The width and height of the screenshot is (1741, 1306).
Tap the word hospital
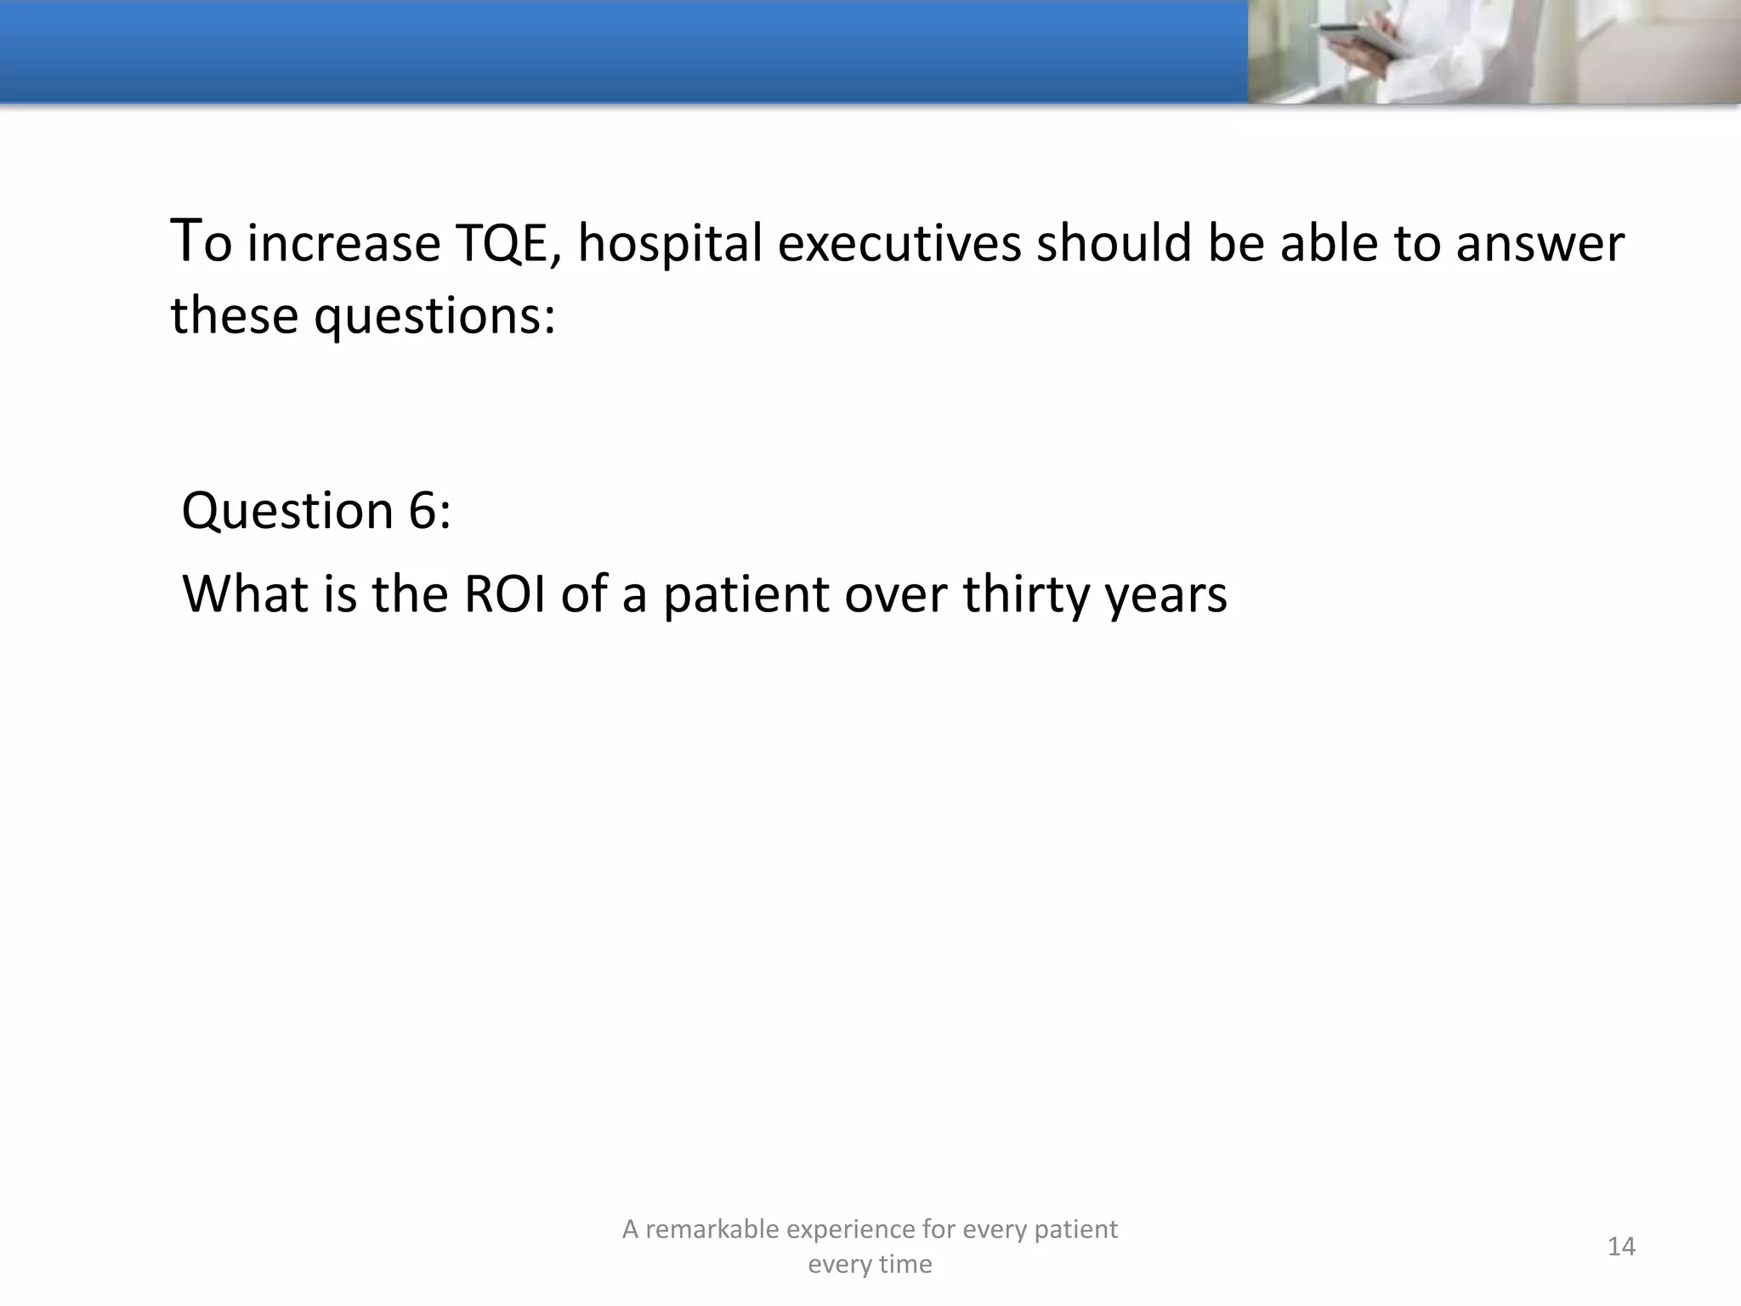pyautogui.click(x=671, y=244)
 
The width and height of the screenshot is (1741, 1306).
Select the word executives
pyautogui.click(x=899, y=244)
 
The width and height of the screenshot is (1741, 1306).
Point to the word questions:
pyautogui.click(x=435, y=317)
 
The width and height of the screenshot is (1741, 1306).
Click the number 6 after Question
pyautogui.click(x=422, y=511)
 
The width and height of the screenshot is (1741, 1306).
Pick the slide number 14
pyautogui.click(x=1621, y=1246)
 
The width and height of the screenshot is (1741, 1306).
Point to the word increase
pyautogui.click(x=343, y=244)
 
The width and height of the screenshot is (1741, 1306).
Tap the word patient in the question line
pyautogui.click(x=746, y=593)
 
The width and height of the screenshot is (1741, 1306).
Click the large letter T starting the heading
pyautogui.click(x=186, y=240)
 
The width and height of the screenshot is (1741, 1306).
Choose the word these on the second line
pyautogui.click(x=235, y=317)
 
